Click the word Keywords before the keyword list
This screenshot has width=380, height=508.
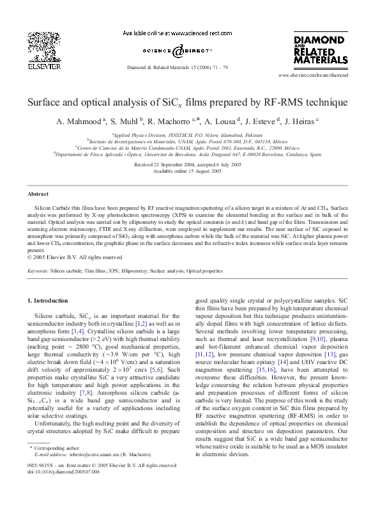click(x=38, y=271)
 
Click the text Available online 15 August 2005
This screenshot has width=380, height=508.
click(x=189, y=171)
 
